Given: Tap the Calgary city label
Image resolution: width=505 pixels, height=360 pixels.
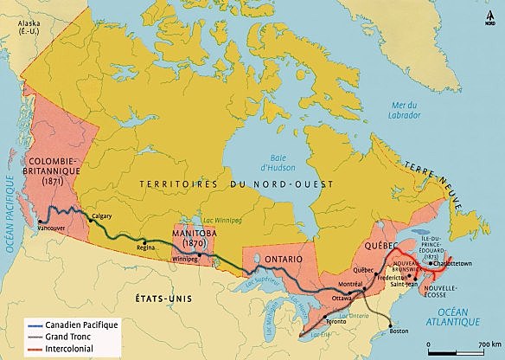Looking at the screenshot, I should [101, 216].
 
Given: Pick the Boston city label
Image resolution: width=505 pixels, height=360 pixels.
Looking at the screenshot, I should [399, 331].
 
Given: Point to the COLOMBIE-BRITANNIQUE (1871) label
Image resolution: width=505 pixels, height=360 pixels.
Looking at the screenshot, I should [54, 173].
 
